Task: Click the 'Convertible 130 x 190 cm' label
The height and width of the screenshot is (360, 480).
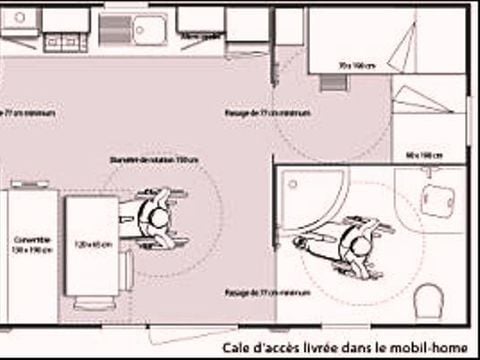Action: click(x=32, y=245)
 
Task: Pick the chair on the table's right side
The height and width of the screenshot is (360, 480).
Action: click(x=129, y=267)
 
